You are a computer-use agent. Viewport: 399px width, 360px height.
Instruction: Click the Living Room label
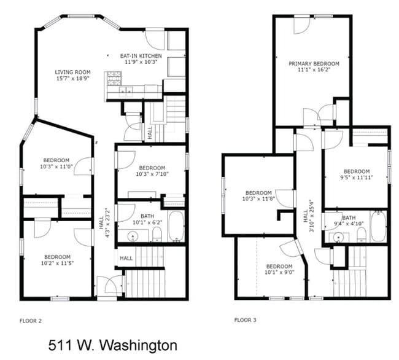[x=72, y=72]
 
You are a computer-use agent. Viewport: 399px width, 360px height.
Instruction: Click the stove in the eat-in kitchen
[x=114, y=78]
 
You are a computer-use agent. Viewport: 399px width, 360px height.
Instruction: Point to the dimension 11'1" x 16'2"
[x=313, y=70]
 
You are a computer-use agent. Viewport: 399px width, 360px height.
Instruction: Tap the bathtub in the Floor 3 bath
[x=378, y=226]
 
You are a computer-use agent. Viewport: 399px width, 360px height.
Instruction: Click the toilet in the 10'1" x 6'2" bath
[x=157, y=232]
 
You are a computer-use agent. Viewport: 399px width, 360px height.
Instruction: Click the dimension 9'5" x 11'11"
[x=356, y=178]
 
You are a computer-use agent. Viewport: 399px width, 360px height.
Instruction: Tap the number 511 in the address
[x=60, y=345]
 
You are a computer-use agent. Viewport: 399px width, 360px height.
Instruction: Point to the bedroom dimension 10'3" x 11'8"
[x=258, y=198]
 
